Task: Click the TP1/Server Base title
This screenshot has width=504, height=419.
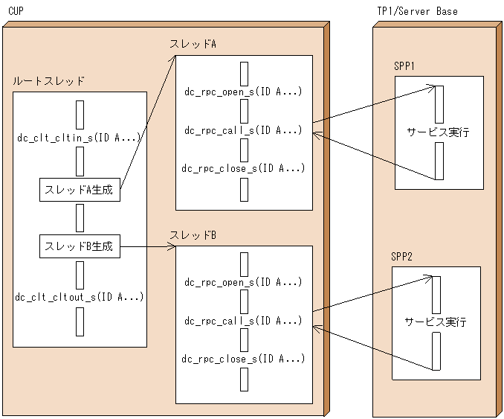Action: coord(417,12)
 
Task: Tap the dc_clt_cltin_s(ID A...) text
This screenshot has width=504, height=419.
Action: coord(79,138)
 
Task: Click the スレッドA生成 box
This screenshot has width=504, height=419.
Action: coord(79,190)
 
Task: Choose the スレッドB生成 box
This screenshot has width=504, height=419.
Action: coord(79,246)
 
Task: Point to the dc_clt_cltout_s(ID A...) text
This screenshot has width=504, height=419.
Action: coord(79,297)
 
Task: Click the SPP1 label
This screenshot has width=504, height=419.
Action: coord(404,66)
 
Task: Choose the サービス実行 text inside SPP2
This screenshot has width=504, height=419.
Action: coord(436,322)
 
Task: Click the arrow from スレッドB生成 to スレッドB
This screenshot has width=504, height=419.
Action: coord(147,246)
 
